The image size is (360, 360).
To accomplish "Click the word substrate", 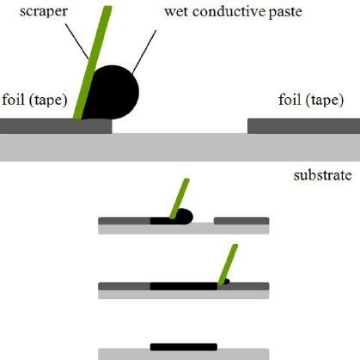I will pos(322,176).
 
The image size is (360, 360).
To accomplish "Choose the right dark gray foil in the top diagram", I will pos(303,126).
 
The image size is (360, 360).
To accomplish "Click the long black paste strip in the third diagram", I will pos(183,285).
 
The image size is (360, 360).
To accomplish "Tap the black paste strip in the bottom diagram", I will pos(183,346).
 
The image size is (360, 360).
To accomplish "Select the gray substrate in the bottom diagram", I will pos(184,354).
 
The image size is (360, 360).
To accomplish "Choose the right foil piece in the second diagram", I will pos(241,221).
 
